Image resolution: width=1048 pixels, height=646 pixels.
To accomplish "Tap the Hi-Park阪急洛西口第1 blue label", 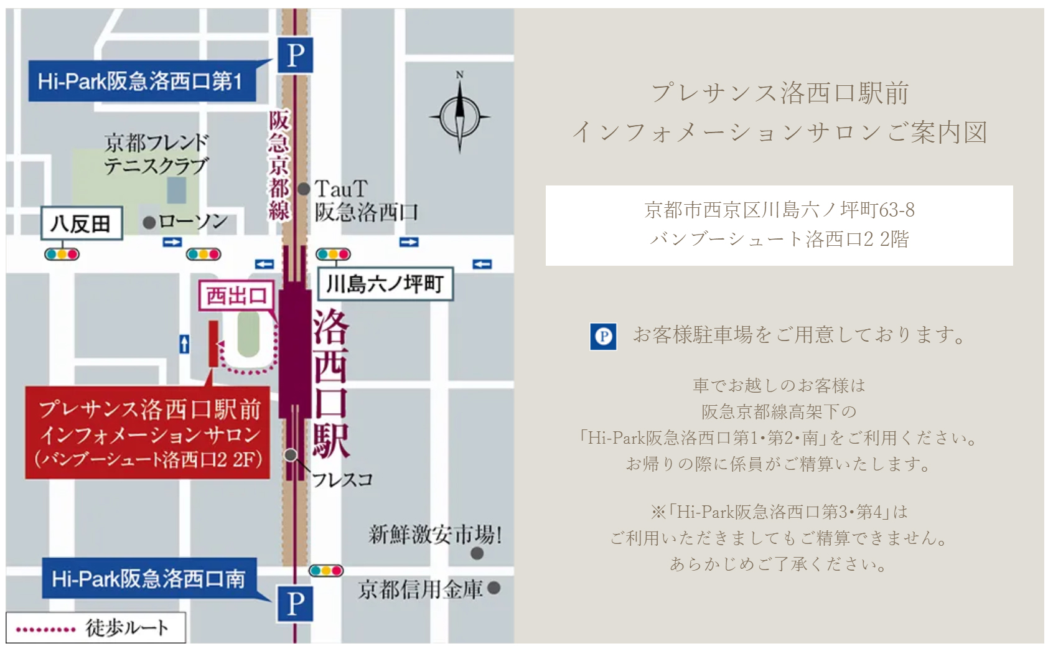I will tap(141, 81).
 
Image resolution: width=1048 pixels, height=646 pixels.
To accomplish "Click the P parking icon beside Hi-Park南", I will tap(296, 604).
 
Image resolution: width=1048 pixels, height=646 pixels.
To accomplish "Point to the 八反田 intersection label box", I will tap(81, 223).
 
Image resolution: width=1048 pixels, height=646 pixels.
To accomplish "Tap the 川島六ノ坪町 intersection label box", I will tap(385, 284).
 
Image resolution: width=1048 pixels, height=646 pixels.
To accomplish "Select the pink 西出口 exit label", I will tap(236, 296).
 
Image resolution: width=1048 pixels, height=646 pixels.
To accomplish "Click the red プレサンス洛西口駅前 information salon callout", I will tap(148, 433).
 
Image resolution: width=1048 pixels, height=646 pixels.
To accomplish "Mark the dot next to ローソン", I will tap(149, 222).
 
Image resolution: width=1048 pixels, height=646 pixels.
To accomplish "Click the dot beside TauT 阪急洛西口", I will tap(304, 189).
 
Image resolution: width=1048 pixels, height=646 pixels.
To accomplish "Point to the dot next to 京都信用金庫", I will tap(494, 588).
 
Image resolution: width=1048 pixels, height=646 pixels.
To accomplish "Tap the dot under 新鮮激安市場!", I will tap(477, 553).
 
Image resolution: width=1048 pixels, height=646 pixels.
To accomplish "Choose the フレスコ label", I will tap(342, 480).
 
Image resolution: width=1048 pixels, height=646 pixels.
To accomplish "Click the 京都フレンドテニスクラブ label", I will tap(156, 154).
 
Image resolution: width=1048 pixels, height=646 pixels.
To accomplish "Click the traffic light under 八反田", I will tap(62, 254).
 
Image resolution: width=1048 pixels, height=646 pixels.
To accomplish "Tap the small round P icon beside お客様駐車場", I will tap(603, 337).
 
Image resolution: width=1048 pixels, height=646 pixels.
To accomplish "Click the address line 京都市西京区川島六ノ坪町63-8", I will tap(779, 210).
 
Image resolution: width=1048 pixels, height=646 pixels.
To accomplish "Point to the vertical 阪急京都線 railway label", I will tap(279, 166).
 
